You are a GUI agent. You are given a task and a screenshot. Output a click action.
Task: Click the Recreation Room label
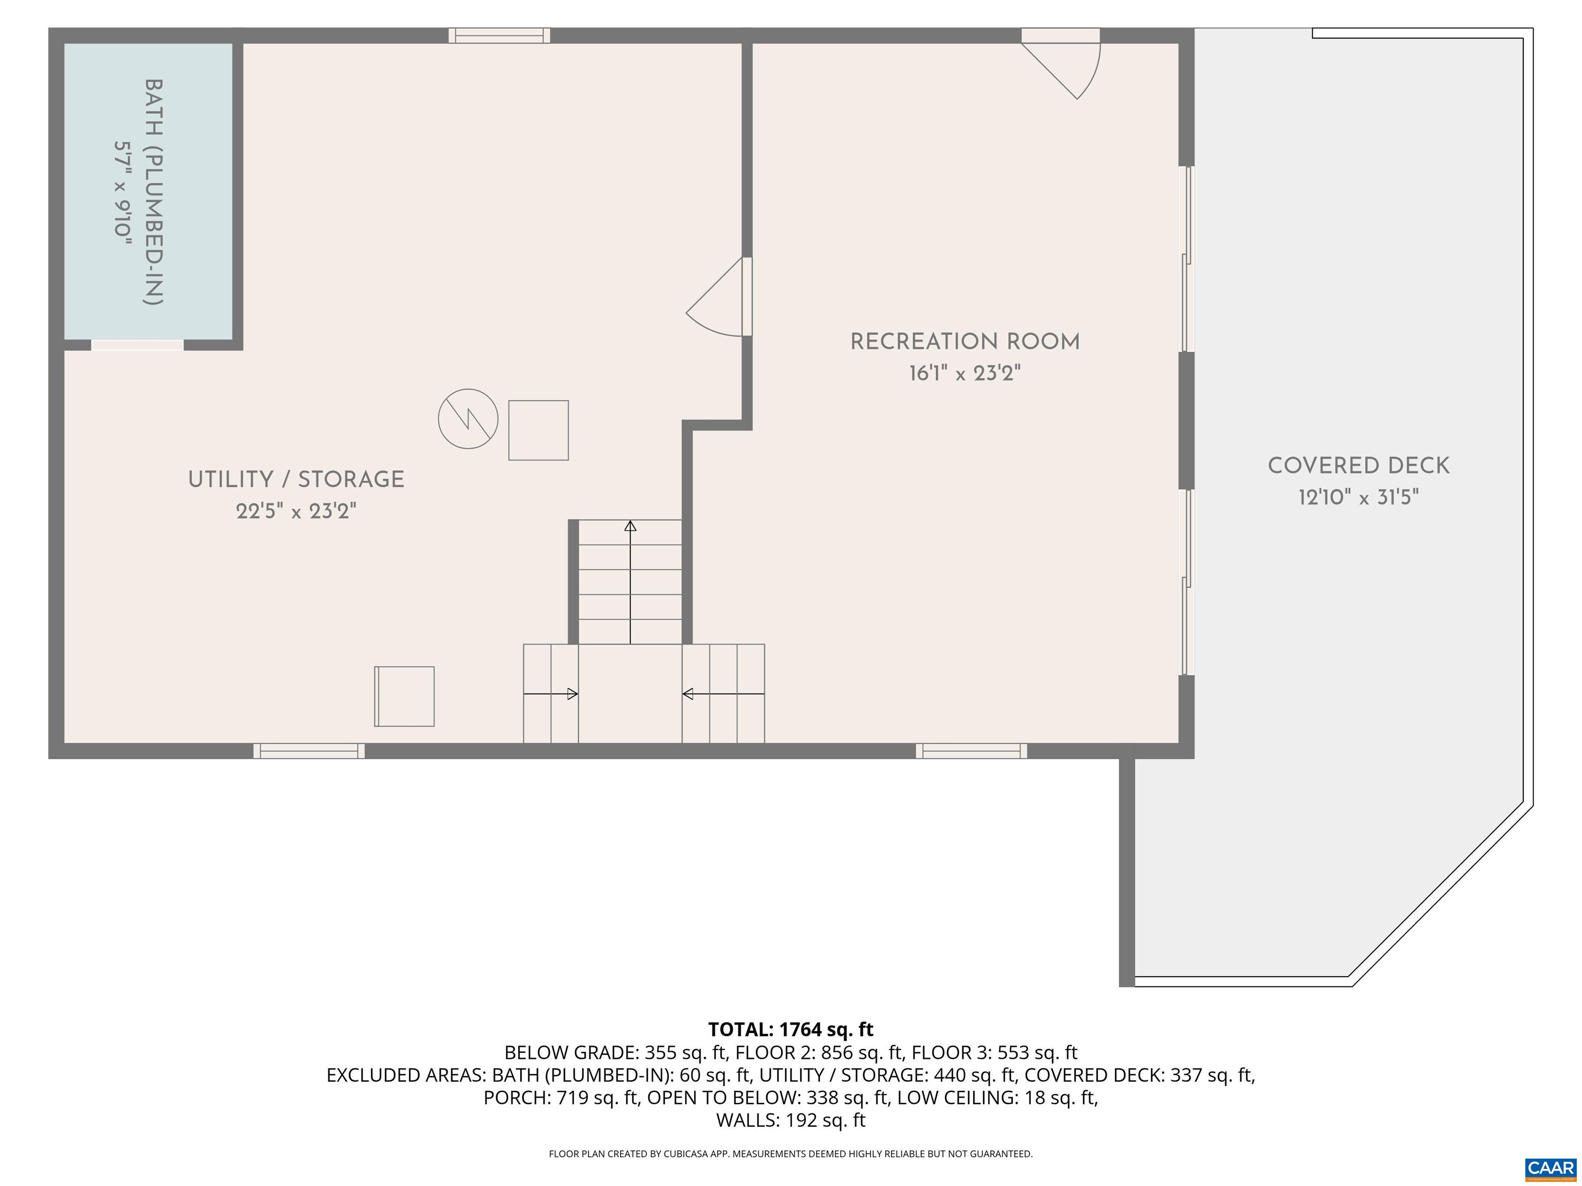tap(964, 342)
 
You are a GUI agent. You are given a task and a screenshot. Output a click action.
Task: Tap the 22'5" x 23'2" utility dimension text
tap(296, 511)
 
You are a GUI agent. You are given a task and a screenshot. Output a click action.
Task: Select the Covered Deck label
tap(1358, 466)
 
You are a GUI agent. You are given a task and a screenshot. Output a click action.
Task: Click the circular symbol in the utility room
tap(468, 419)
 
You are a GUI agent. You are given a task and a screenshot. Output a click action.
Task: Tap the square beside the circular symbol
tap(538, 430)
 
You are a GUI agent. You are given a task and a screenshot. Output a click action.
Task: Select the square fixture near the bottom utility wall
tap(404, 696)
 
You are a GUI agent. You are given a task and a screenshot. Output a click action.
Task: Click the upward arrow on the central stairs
tap(630, 528)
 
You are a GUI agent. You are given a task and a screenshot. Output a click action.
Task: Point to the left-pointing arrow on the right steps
tap(689, 693)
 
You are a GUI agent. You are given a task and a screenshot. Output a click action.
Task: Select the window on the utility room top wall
tap(499, 35)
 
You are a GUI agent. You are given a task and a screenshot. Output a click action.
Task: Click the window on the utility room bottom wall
tap(309, 751)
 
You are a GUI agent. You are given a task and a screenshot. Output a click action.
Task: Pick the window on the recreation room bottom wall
tap(971, 751)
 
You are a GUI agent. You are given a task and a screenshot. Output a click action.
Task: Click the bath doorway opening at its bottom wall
tap(137, 345)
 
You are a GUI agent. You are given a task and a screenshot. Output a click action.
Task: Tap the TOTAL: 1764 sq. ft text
tap(790, 1030)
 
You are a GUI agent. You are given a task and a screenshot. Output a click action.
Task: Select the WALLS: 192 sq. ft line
tap(790, 1120)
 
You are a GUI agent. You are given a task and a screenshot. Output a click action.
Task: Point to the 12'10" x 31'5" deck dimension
tap(1358, 498)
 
